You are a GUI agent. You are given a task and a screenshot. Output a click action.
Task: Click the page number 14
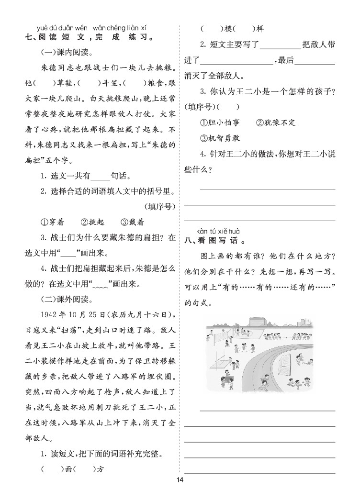pos(180,480)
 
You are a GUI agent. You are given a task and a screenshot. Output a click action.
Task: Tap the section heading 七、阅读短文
pos(91,37)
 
